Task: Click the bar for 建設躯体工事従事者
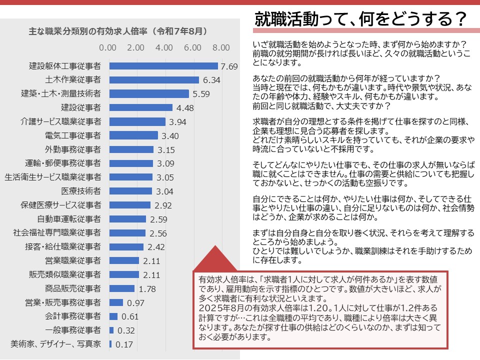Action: tap(163, 66)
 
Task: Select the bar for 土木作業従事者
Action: tap(154, 80)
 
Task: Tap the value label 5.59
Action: tap(201, 93)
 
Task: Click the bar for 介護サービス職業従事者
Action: tap(137, 121)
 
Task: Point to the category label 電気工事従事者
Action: tap(73, 135)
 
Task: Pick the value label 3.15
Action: tap(165, 149)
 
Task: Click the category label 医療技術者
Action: tap(81, 191)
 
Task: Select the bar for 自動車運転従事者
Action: tap(127, 219)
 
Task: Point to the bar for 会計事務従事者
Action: tap(113, 316)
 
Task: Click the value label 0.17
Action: tap(124, 344)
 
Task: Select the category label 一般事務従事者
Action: tap(73, 330)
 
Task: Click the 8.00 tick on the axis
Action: tap(221, 47)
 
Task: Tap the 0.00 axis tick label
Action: tap(108, 47)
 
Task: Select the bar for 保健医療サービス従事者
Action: tap(129, 205)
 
